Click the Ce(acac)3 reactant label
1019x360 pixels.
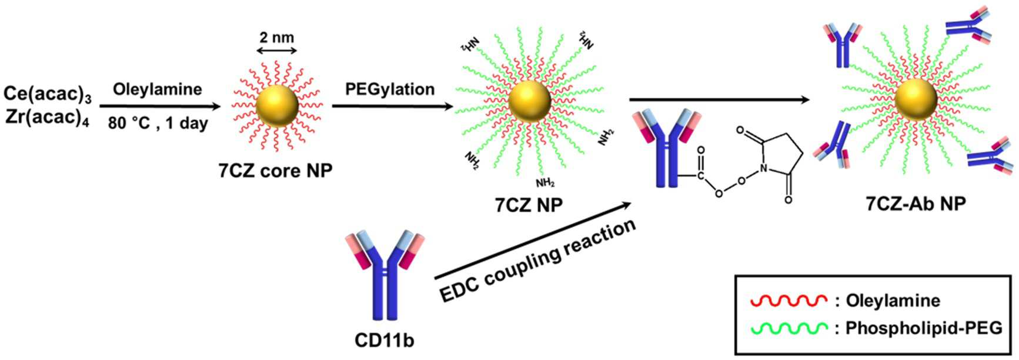coord(46,94)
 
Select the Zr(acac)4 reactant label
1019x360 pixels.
coord(46,117)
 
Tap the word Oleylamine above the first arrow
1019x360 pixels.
coord(157,89)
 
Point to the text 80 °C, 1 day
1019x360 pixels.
coord(157,124)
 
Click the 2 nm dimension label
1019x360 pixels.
coord(276,38)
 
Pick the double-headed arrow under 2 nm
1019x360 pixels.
coord(276,52)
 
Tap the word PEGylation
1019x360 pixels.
coord(390,89)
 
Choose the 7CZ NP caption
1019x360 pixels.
coord(529,205)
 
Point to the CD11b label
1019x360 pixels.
coord(384,340)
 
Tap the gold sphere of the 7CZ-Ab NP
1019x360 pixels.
coord(916,100)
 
